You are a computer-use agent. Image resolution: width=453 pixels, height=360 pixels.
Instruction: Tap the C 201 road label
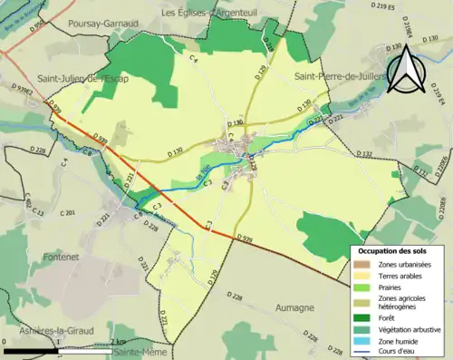pyautogui.click(x=65, y=213)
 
